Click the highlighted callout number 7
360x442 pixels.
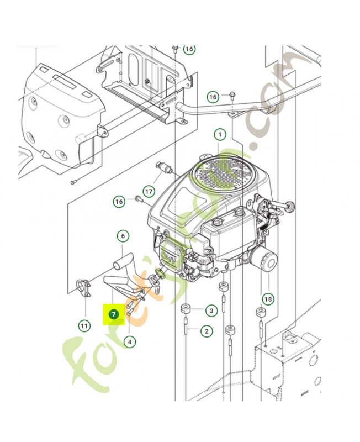tap(114, 314)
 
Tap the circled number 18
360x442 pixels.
tap(268, 299)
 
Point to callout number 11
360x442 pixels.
tap(83, 326)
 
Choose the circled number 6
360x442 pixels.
tap(123, 236)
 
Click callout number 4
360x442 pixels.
tap(129, 341)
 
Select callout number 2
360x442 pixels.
tap(206, 331)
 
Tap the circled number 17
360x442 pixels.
tap(148, 192)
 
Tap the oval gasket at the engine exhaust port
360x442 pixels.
tap(160, 273)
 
